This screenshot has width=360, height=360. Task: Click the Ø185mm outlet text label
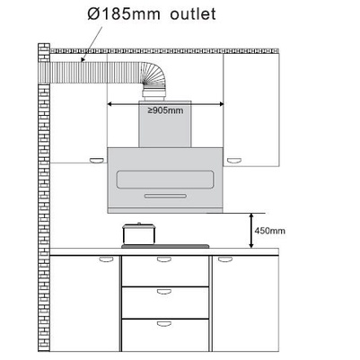[152, 13]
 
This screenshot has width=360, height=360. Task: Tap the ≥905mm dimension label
[165, 110]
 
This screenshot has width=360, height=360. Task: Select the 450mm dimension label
[269, 231]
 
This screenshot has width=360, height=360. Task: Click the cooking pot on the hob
[139, 233]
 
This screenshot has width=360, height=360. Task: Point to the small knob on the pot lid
[138, 224]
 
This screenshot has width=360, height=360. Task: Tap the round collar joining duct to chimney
[154, 94]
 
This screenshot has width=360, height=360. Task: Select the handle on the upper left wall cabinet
[98, 161]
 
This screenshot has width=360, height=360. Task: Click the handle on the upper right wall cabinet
[233, 161]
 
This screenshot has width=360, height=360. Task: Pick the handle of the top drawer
[164, 259]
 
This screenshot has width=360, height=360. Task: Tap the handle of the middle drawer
[164, 292]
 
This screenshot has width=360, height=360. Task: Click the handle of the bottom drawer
[164, 323]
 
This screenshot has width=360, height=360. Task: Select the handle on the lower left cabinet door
[106, 259]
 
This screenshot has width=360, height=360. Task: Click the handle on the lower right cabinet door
[225, 259]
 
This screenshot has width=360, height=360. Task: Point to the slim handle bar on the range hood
[165, 196]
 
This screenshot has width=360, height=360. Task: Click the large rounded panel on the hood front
[165, 180]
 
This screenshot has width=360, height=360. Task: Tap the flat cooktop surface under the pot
[165, 246]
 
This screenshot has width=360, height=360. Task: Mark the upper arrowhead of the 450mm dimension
[251, 215]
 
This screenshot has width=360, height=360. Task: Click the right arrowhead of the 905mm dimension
[222, 104]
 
